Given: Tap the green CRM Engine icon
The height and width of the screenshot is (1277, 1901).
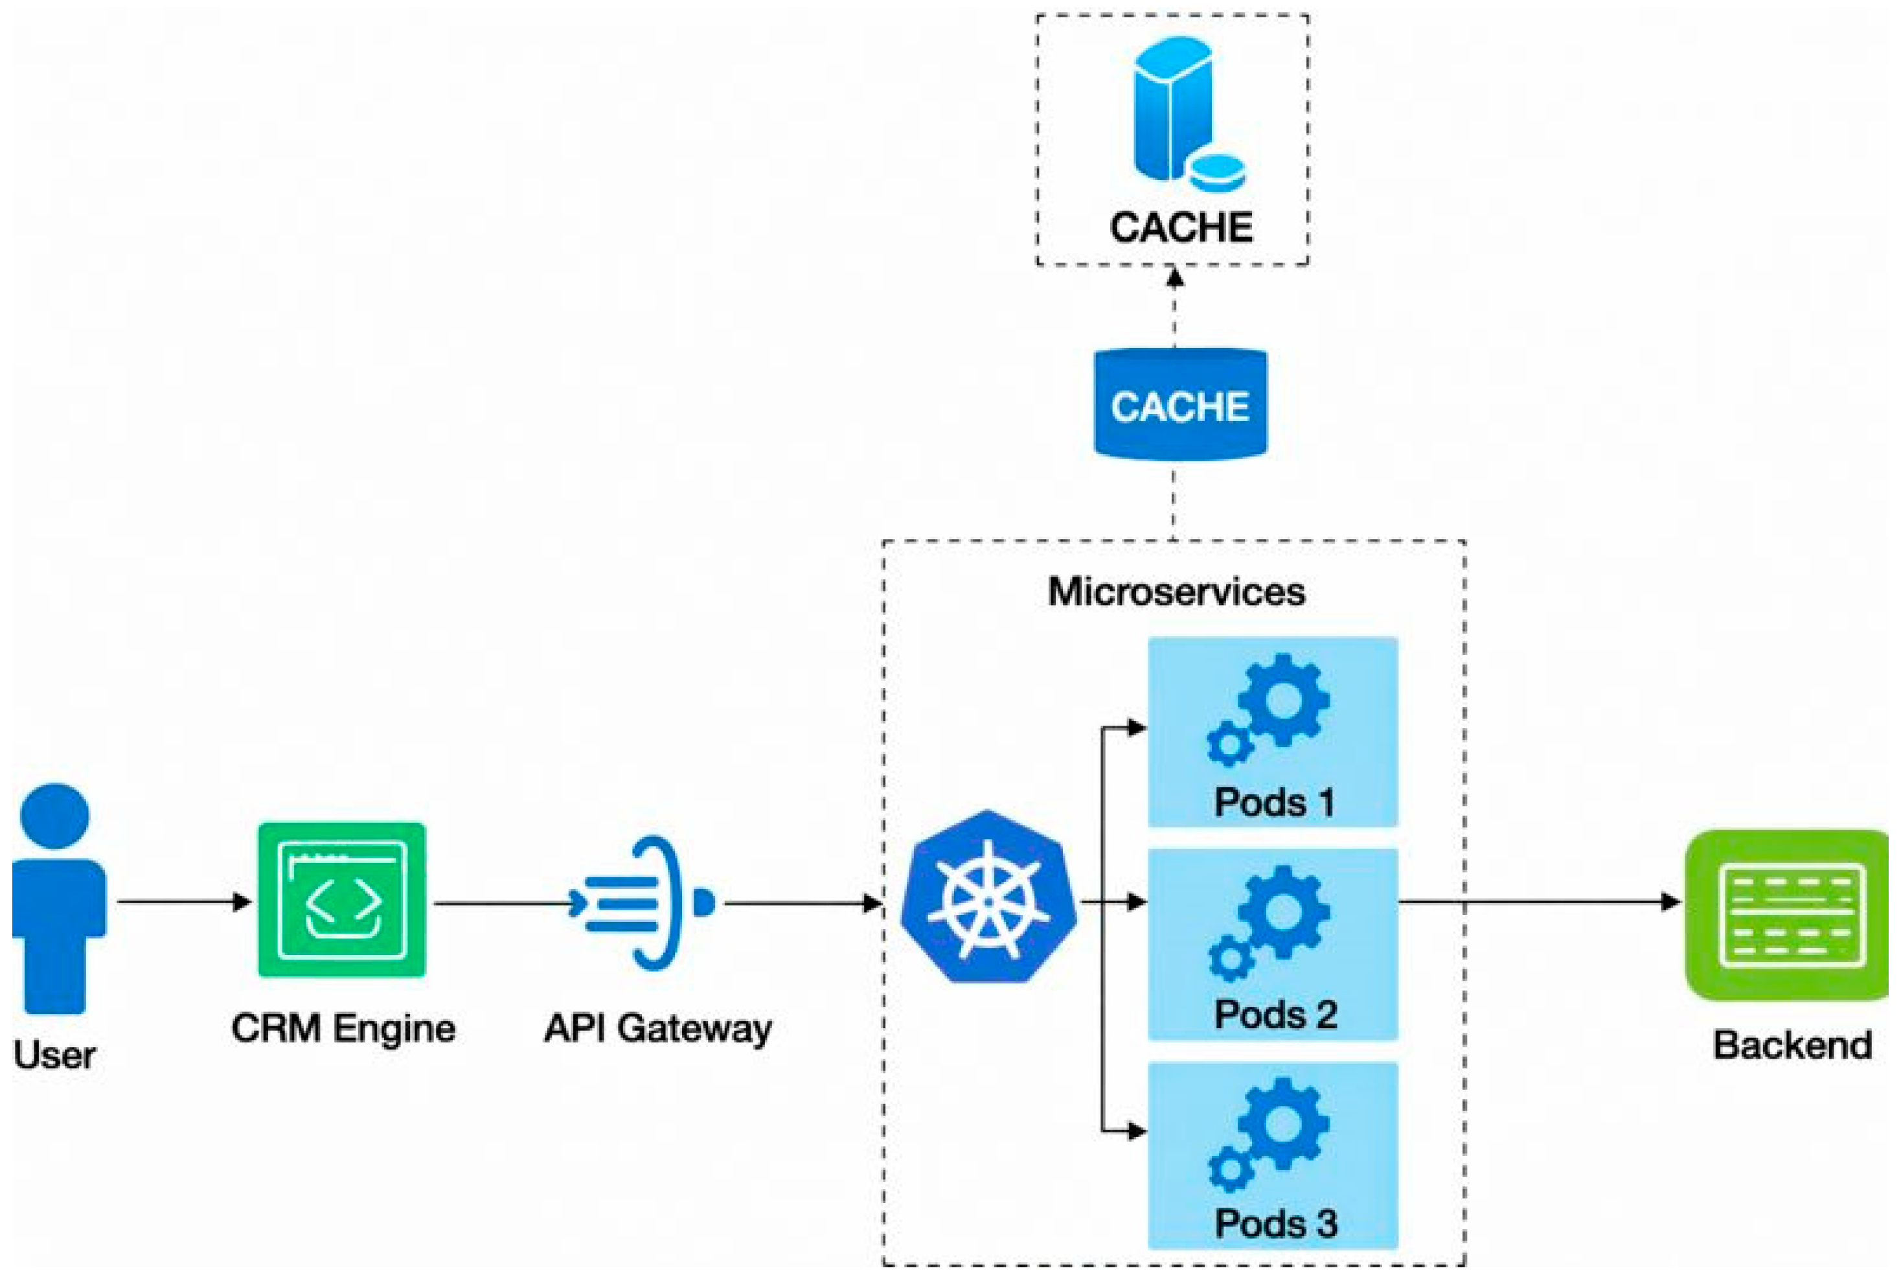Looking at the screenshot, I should point(342,899).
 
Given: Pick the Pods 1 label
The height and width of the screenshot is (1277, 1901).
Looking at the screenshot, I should point(1274,802).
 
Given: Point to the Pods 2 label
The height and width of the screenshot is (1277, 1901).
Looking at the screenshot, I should point(1275,1015).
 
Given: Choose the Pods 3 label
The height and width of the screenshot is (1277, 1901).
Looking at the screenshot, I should point(1275,1224).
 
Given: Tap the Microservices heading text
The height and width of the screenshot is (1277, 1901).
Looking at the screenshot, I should point(1176,592).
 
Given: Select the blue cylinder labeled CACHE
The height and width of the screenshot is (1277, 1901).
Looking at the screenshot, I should point(1179,405).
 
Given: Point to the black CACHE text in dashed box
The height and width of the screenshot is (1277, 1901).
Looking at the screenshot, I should point(1181,227).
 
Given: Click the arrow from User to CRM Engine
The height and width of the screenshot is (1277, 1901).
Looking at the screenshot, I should point(183,902).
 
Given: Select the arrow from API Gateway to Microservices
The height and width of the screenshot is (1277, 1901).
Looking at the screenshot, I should point(802,903).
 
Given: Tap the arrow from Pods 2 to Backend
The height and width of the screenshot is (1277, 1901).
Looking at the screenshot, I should point(1539,902).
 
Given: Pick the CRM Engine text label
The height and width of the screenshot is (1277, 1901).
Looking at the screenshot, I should point(343,1028).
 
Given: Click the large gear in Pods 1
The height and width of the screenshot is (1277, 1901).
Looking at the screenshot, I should point(1284,700).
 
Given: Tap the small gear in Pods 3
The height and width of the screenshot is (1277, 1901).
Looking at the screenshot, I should point(1230,1170).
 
